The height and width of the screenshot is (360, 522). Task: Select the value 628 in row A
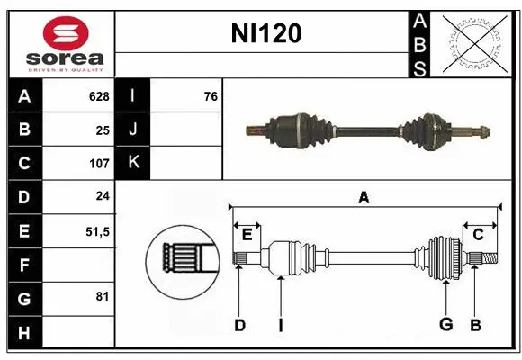(x=98, y=96)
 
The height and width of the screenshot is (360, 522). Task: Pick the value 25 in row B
(x=102, y=130)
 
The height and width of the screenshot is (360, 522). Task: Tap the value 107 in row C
(x=98, y=164)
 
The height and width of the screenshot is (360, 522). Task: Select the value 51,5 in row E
(x=96, y=231)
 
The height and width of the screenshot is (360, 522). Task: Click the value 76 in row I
(x=210, y=96)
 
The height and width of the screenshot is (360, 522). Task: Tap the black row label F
(x=23, y=265)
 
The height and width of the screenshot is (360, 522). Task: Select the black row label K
(x=133, y=163)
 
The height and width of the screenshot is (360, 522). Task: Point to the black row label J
(x=133, y=130)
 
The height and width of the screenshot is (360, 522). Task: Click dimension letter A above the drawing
(x=364, y=197)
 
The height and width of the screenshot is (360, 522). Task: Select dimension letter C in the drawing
(x=478, y=234)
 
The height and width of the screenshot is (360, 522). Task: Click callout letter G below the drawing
(x=445, y=325)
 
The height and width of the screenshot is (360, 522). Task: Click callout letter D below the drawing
(x=239, y=325)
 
